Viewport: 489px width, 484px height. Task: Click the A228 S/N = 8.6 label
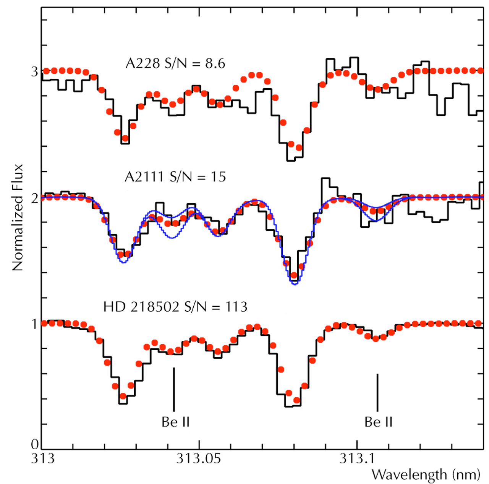[175, 63]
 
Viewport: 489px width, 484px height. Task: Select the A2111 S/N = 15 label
[175, 177]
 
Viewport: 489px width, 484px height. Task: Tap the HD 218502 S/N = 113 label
[175, 307]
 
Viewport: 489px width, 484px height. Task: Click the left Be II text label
[175, 422]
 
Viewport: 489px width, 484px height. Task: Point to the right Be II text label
[378, 422]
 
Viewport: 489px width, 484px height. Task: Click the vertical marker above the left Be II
[174, 389]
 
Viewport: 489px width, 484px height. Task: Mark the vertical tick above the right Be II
[377, 392]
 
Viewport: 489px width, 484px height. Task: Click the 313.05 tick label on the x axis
[198, 458]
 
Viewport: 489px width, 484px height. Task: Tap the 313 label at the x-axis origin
[42, 458]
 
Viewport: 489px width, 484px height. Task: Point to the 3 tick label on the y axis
[35, 71]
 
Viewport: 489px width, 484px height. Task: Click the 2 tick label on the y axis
[35, 198]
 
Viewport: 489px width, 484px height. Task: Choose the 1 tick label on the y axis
[35, 324]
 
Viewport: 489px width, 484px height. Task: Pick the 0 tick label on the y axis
[35, 444]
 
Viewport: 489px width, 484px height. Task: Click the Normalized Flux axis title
[18, 218]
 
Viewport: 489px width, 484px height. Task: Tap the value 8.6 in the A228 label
[215, 63]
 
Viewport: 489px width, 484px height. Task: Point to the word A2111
[144, 177]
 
